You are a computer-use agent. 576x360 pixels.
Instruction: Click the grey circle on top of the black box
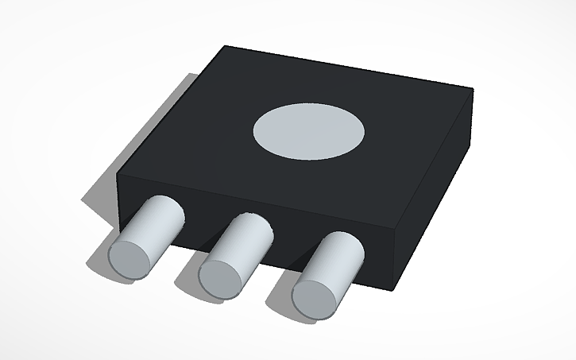coord(308,130)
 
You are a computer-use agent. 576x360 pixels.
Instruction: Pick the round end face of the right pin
coord(314,296)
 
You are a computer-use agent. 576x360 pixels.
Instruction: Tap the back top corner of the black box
coord(227,47)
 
